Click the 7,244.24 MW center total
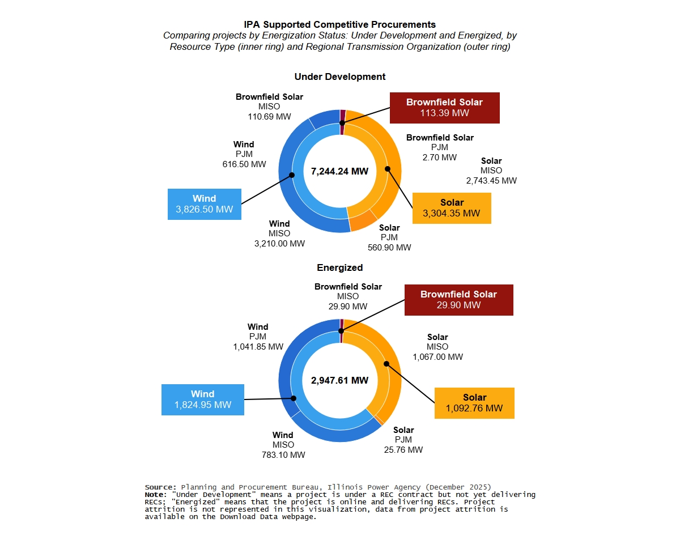339,171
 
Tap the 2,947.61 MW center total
339,380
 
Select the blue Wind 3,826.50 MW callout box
205,204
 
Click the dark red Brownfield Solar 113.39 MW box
444,108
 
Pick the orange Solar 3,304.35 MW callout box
452,208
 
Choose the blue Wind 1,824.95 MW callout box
203,399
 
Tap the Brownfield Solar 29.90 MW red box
458,300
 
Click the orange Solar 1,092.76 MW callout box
474,403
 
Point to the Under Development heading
340,76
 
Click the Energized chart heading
340,267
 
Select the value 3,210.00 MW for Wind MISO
280,244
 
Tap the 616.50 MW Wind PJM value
244,164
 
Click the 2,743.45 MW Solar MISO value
491,181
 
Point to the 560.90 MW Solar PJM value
389,248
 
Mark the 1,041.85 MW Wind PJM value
258,347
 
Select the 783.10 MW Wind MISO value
283,455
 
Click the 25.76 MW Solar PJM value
403,450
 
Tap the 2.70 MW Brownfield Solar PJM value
440,158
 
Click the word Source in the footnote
160,487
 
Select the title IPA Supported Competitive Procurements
340,24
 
